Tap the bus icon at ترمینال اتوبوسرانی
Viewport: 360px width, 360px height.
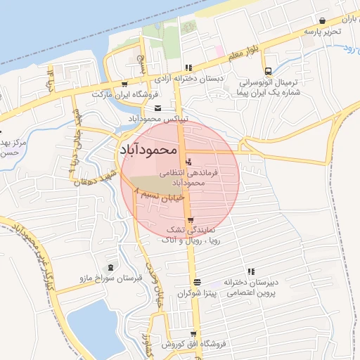click(268, 70)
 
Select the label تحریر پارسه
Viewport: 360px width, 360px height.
click(323, 32)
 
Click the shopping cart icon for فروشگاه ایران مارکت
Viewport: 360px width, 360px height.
click(124, 84)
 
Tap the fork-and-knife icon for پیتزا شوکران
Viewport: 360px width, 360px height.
click(196, 281)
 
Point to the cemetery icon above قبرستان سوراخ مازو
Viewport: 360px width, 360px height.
click(110, 267)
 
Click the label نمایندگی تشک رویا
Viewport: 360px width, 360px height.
click(191, 235)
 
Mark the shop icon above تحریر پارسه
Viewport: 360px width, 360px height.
click(322, 21)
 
